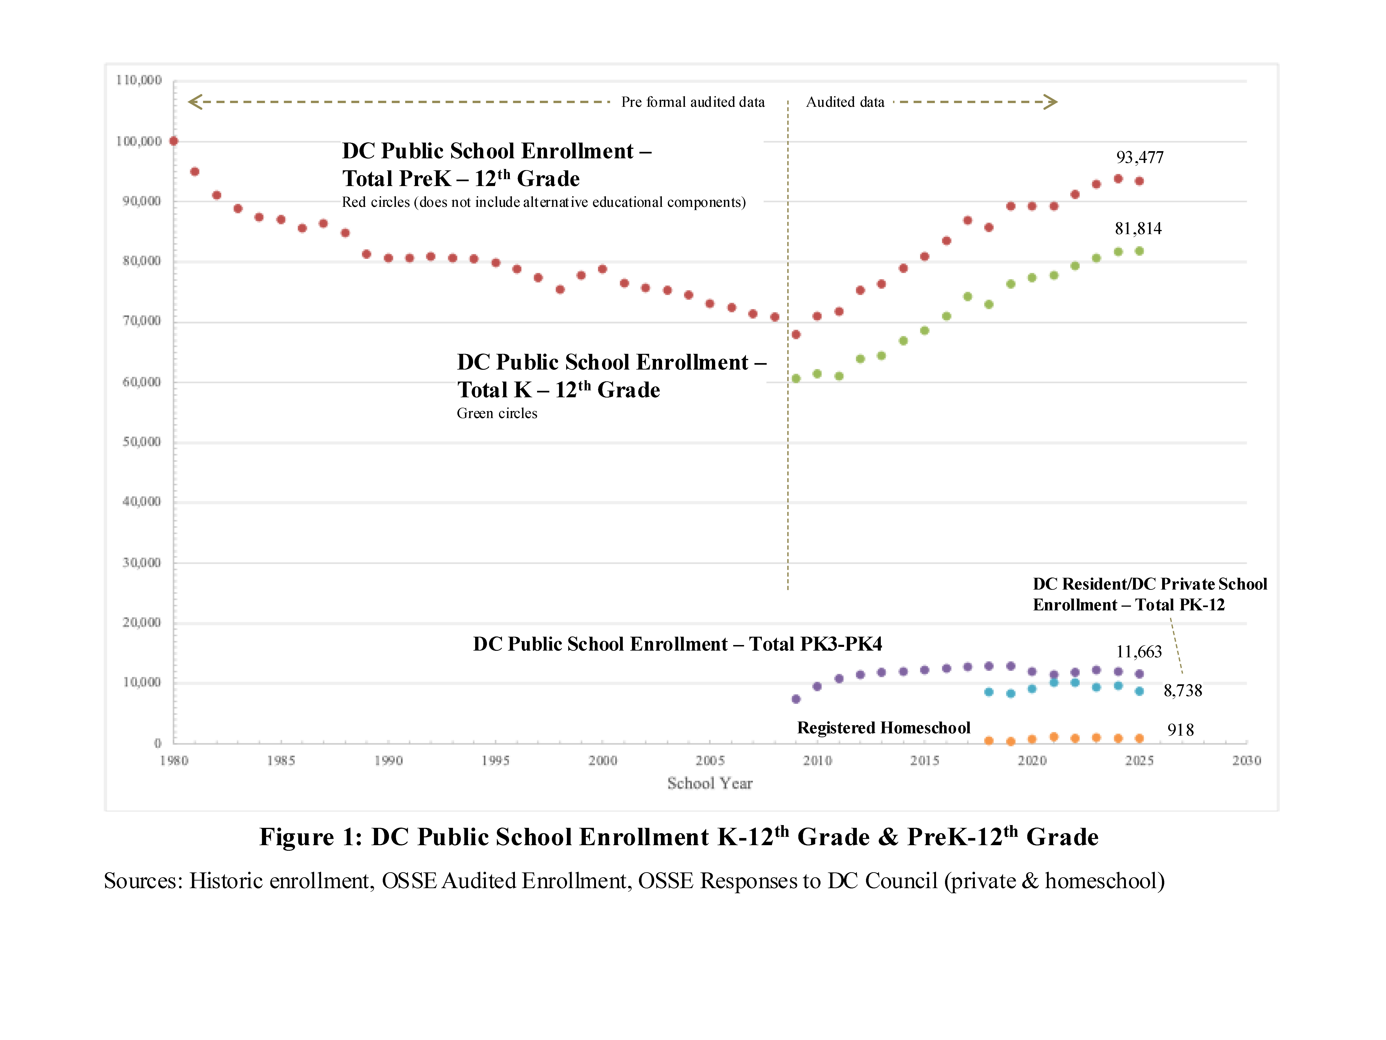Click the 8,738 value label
click(x=1182, y=691)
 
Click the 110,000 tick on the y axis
click(x=138, y=80)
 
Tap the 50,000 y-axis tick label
click(x=142, y=442)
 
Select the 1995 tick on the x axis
click(x=495, y=760)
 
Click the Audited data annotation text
click(x=845, y=102)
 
